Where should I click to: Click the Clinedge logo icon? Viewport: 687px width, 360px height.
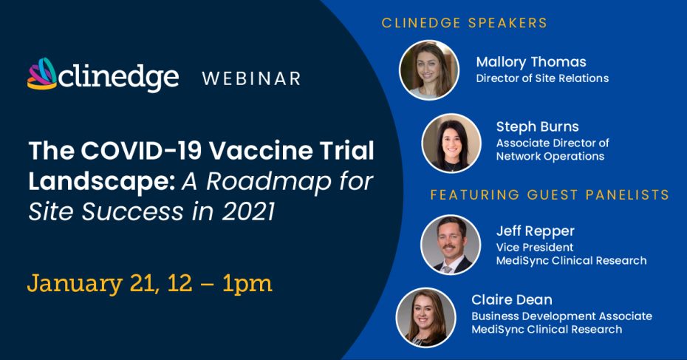[42, 74]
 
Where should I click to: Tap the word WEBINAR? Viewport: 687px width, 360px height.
[251, 78]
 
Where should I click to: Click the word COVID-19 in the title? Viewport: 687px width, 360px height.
[141, 151]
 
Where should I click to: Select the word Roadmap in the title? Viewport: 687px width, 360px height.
[269, 181]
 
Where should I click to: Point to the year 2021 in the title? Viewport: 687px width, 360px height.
[248, 212]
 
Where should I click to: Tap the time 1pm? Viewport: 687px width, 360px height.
[247, 284]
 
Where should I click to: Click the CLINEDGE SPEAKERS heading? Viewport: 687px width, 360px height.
[465, 23]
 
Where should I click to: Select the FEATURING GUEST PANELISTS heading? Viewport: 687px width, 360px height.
[550, 194]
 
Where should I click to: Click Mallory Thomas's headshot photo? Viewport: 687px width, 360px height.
[429, 69]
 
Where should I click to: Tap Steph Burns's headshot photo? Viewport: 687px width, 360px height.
[451, 143]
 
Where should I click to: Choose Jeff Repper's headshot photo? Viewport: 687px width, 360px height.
[451, 244]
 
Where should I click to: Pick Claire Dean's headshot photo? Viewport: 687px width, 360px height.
[426, 317]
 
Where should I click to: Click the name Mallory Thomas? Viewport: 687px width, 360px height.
[531, 62]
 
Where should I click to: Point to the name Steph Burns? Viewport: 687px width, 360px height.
[537, 126]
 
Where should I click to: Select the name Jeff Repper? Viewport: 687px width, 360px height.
[535, 231]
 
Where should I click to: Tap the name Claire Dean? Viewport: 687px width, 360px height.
[512, 300]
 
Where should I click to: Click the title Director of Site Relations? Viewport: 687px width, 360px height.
[542, 78]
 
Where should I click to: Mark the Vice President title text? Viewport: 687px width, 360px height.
[535, 248]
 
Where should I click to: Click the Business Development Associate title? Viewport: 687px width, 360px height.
[561, 316]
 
